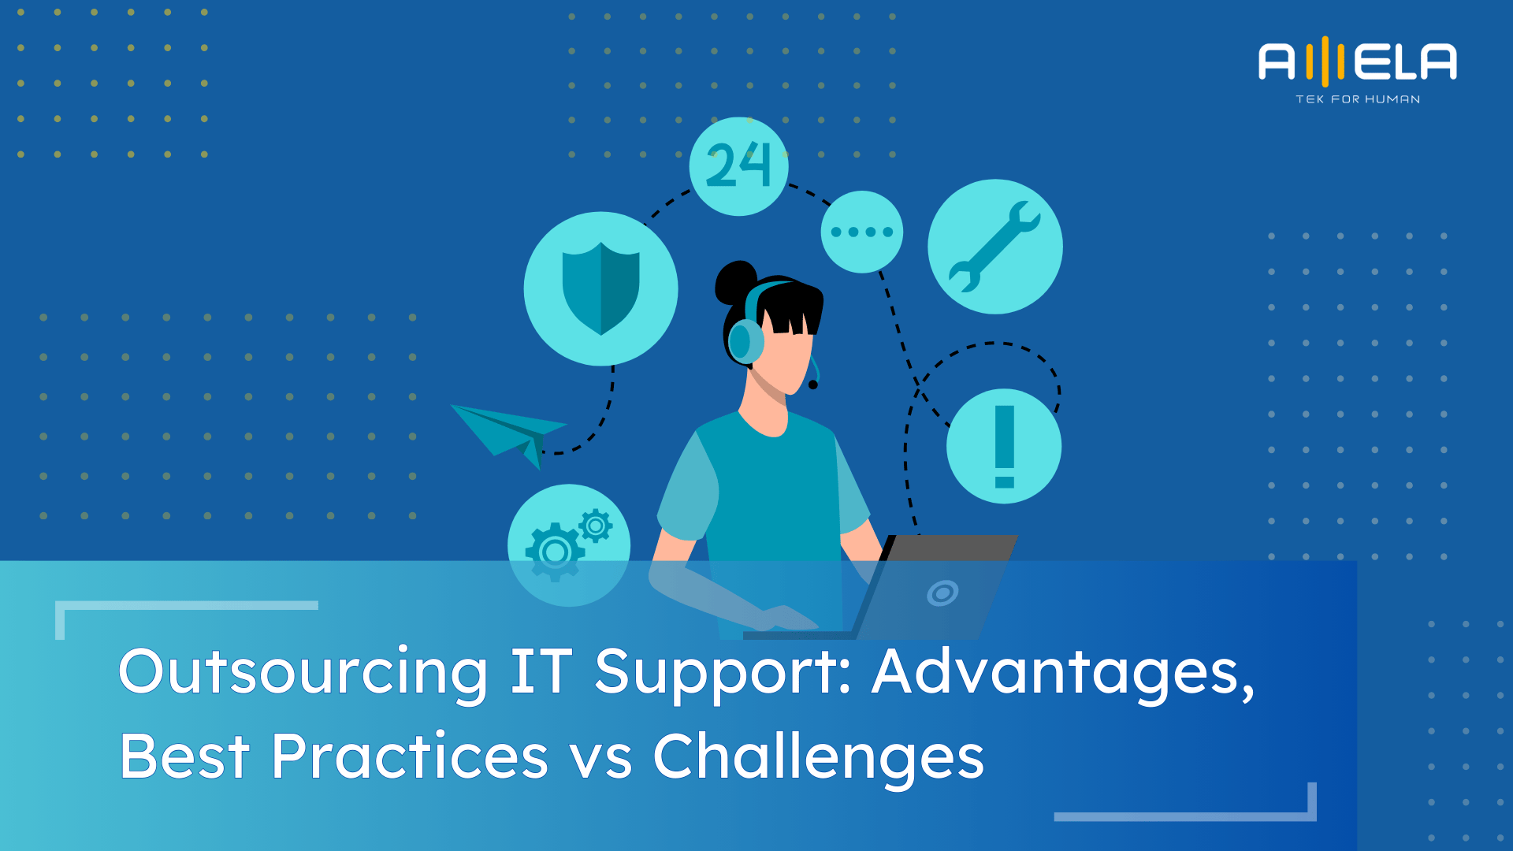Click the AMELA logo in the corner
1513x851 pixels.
(1357, 61)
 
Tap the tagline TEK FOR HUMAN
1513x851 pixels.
(1358, 99)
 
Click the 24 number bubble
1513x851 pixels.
(738, 166)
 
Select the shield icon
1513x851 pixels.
(600, 288)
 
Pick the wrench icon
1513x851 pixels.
(994, 247)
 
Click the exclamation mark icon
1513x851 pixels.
(1004, 446)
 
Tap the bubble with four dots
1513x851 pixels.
(861, 232)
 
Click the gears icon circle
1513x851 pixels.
(568, 544)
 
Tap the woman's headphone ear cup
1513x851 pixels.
(742, 342)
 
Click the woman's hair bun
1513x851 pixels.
(734, 283)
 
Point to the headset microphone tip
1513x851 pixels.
(813, 385)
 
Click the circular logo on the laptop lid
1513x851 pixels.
(942, 593)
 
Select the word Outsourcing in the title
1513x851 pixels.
(303, 672)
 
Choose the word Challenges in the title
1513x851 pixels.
(818, 757)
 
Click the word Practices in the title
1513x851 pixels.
(409, 756)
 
